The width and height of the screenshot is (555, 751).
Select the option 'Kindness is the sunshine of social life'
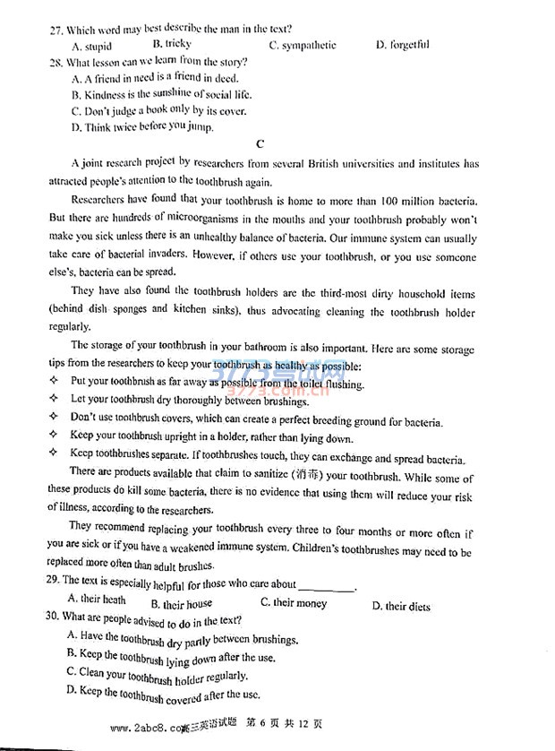pyautogui.click(x=161, y=94)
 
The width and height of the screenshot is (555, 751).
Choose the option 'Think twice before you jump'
pyautogui.click(x=142, y=127)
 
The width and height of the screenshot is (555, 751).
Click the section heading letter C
pyautogui.click(x=260, y=143)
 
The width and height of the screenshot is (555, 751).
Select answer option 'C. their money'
pyautogui.click(x=293, y=603)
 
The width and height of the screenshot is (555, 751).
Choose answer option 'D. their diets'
pyautogui.click(x=400, y=607)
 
